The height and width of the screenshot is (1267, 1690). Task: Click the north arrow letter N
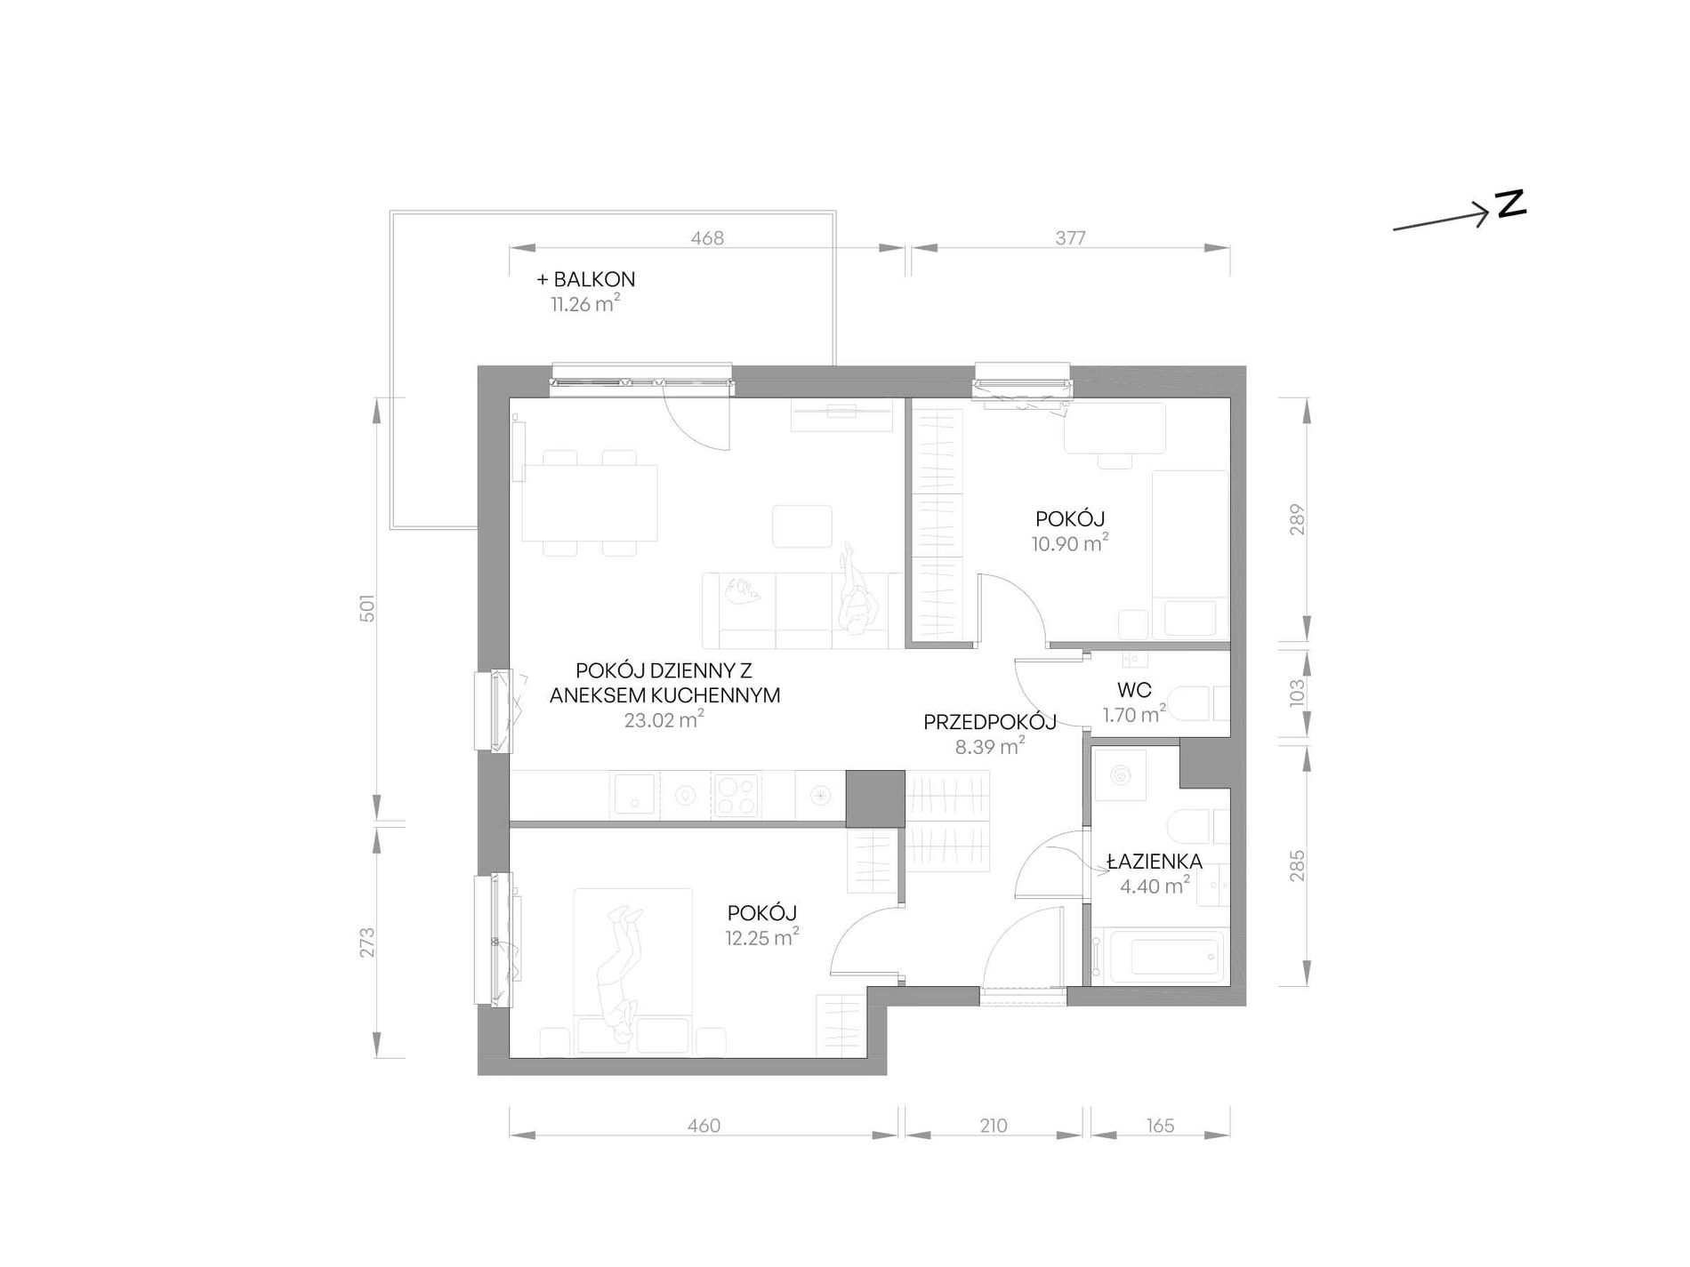(1511, 204)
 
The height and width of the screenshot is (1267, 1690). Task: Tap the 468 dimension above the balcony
(707, 238)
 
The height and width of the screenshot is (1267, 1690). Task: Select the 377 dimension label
(1070, 238)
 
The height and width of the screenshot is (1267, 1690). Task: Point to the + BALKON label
(586, 279)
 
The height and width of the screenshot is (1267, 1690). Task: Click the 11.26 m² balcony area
(585, 304)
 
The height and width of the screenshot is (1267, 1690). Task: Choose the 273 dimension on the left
(367, 942)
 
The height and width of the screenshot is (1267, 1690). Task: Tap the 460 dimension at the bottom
(704, 1126)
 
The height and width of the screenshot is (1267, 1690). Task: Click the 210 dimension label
(994, 1126)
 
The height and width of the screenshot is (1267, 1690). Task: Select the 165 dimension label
(1160, 1126)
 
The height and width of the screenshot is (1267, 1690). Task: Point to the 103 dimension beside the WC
(1297, 693)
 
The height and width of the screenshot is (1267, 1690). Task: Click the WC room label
(1134, 690)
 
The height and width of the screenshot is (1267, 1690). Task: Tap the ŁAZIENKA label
(1155, 861)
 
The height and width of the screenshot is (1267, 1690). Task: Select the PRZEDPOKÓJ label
(990, 722)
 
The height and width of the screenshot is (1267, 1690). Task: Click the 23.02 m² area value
(664, 719)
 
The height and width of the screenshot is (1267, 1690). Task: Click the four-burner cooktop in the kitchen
(735, 796)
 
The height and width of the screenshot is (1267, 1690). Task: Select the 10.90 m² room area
(1070, 542)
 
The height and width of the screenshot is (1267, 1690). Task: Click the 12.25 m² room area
(761, 937)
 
